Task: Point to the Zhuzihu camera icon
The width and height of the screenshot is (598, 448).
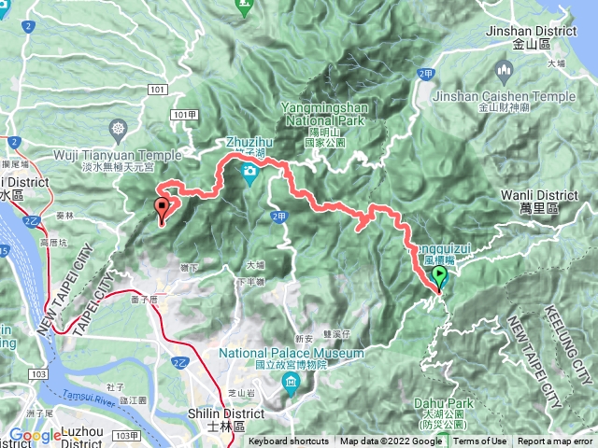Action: tap(249, 172)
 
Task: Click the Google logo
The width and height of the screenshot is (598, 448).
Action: tap(35, 435)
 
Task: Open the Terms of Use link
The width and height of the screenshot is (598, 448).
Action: tap(480, 441)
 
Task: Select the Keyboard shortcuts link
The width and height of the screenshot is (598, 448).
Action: tap(288, 441)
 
